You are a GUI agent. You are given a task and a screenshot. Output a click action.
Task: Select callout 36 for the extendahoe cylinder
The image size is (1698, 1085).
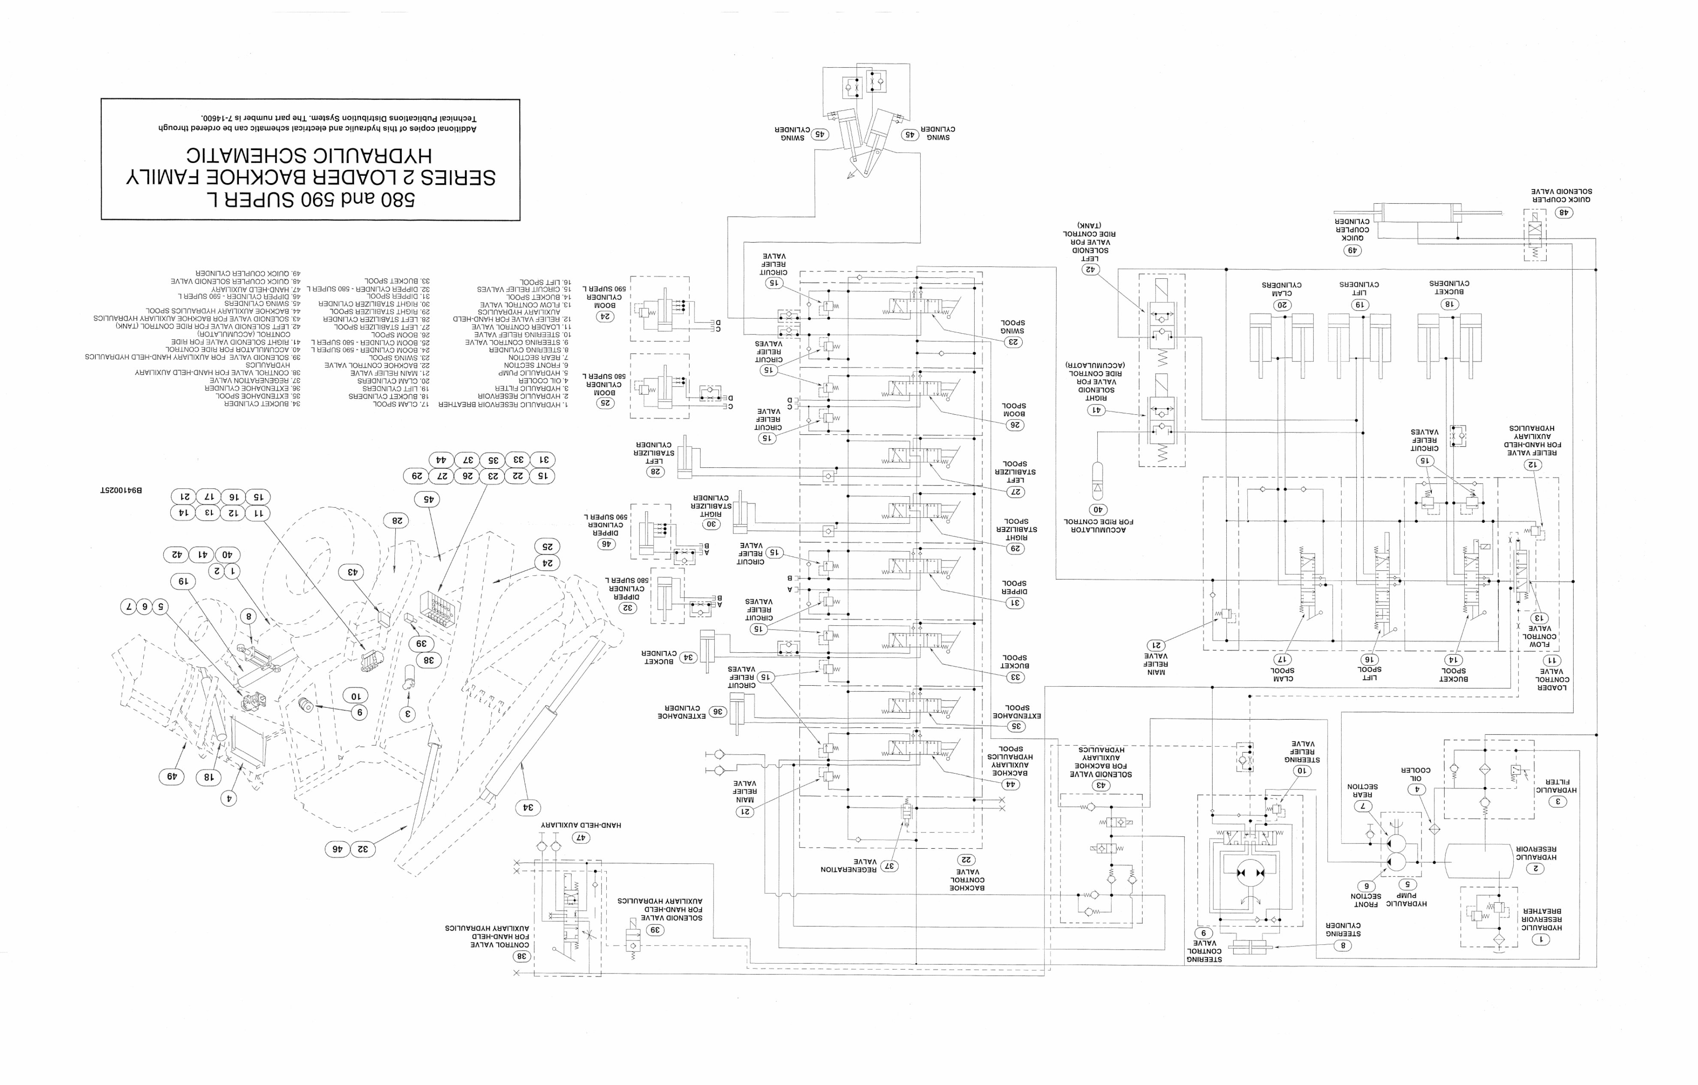coord(717,712)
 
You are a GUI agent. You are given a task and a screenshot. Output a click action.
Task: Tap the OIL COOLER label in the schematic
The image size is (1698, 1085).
coord(1415,774)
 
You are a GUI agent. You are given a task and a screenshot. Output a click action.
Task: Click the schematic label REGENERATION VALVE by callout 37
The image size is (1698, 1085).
coord(848,865)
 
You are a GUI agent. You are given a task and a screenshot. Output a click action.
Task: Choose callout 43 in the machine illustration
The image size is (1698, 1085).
coord(351,571)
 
